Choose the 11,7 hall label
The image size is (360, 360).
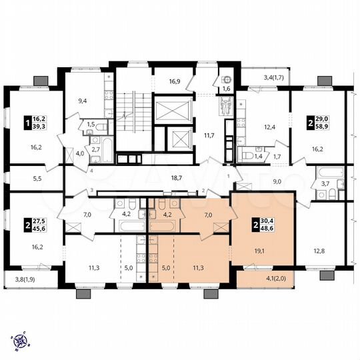click(x=207, y=135)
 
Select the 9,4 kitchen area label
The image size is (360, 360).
click(x=83, y=101)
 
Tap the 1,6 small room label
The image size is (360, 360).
click(x=226, y=89)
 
